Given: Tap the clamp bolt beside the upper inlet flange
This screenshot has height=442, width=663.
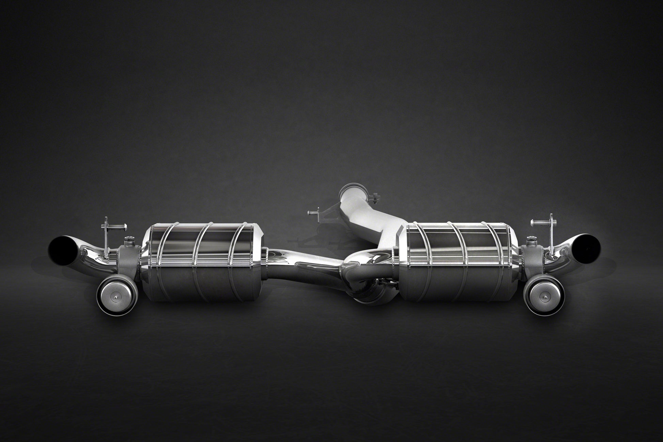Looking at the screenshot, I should click(x=375, y=197).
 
